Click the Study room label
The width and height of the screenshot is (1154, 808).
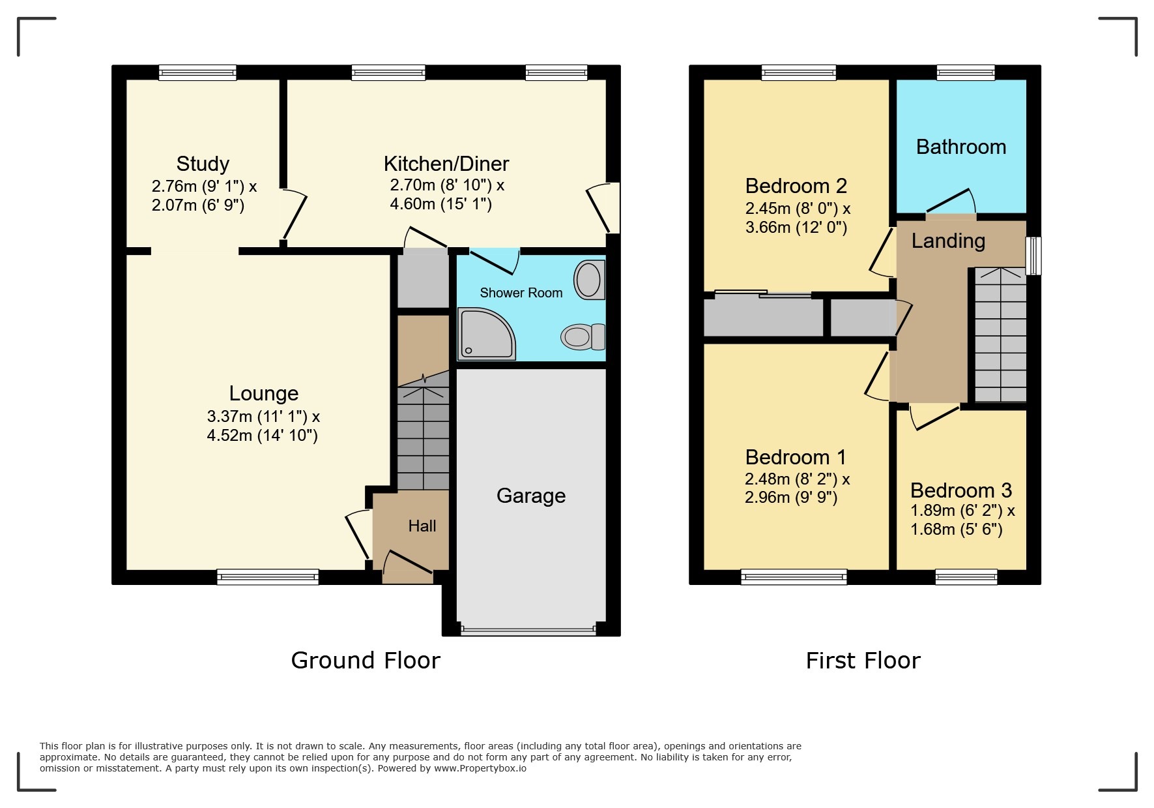pos(203,164)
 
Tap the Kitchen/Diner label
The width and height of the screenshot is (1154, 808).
pos(446,164)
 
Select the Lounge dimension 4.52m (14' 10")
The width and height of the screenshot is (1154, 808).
pos(262,436)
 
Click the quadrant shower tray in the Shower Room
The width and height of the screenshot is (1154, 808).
pos(485,334)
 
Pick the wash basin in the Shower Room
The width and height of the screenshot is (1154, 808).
pos(589,280)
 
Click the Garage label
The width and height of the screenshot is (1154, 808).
pos(530,496)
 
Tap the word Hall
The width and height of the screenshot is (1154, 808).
pos(422,526)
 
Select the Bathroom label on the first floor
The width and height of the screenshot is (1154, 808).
pos(960,147)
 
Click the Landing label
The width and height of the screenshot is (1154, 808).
pos(947,241)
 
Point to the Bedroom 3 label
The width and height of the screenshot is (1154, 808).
pos(960,490)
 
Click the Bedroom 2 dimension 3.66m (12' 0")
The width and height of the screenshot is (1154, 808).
pos(796,228)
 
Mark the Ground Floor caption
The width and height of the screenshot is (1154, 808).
pos(366,661)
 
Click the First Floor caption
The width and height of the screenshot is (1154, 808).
pos(863,661)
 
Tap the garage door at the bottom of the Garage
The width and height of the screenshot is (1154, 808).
pos(528,631)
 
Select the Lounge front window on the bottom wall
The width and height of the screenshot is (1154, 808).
pos(268,576)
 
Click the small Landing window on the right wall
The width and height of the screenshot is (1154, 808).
pos(1033,256)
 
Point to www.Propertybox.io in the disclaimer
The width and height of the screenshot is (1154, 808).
pos(480,768)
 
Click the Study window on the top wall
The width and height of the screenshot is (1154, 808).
pos(197,72)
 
